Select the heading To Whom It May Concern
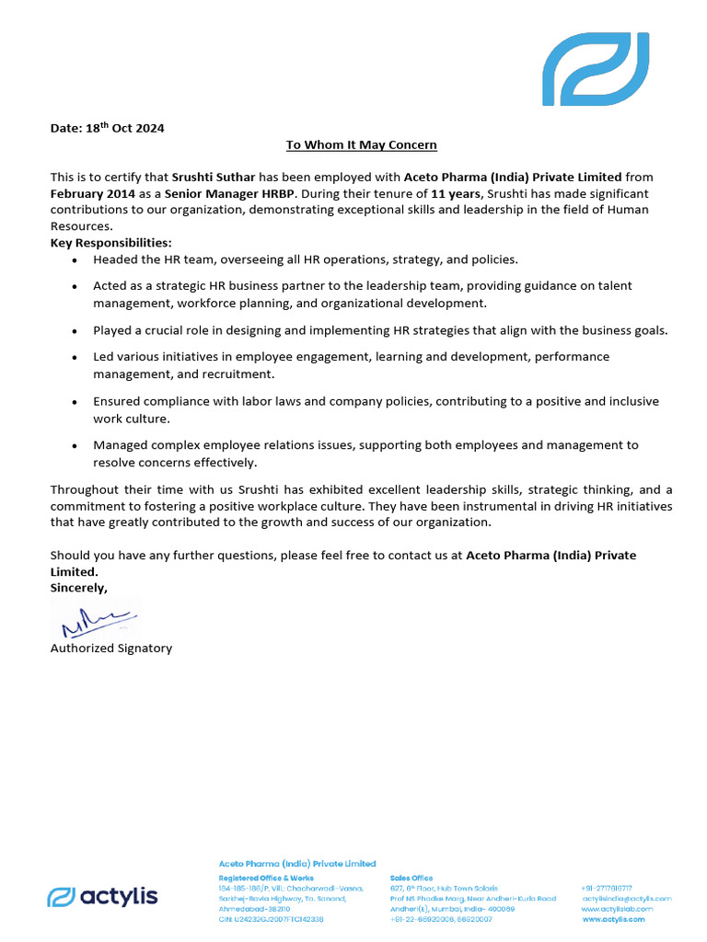(x=361, y=145)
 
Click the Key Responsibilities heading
(x=110, y=243)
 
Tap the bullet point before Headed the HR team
(x=74, y=261)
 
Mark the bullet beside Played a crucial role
(x=74, y=331)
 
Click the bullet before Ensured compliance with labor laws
(x=74, y=403)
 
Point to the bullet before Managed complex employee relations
(x=74, y=446)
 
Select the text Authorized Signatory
(x=110, y=649)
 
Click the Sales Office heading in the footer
(x=411, y=879)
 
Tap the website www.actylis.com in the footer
(x=613, y=919)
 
